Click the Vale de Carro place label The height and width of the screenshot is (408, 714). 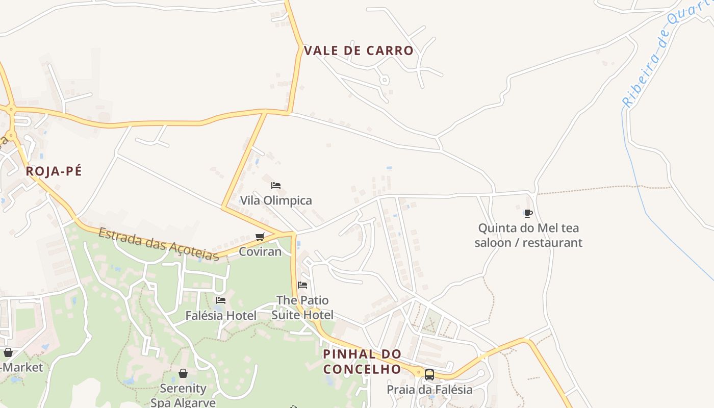358,50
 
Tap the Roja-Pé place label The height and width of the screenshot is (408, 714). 54,171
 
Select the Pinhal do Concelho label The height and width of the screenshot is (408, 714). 362,361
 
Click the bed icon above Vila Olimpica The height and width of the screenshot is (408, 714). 276,186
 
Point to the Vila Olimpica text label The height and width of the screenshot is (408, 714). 276,200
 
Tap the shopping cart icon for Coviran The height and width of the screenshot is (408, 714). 260,237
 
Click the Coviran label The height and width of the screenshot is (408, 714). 260,251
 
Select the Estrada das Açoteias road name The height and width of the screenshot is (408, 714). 159,244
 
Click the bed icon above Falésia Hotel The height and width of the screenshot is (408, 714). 221,300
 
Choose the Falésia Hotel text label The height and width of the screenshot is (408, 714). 221,316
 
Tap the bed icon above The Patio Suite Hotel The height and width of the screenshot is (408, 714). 302,285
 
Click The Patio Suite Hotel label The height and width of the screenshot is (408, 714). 302,307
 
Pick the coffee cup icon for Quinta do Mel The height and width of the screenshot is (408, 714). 528,213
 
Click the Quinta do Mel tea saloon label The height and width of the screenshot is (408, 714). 528,235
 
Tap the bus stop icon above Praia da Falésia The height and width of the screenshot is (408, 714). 429,375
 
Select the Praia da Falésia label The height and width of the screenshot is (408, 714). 429,390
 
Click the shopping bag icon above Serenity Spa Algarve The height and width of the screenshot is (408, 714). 183,373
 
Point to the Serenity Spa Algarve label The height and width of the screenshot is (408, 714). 183,395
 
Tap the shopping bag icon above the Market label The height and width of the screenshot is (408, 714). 8,352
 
